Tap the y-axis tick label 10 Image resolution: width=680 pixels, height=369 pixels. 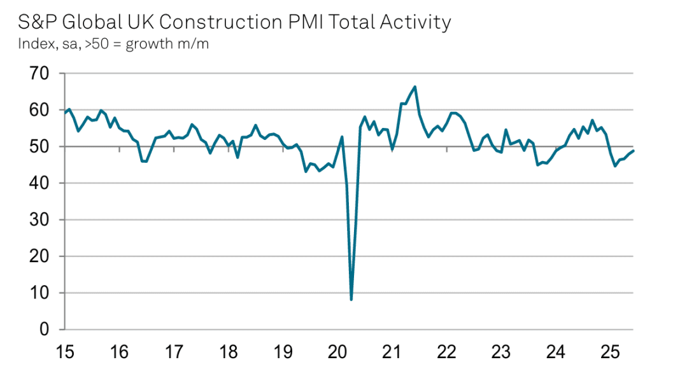38,293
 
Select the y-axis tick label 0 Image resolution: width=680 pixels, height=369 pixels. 43,330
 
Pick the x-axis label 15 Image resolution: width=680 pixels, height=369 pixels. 65,351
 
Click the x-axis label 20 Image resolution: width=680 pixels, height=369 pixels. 338,351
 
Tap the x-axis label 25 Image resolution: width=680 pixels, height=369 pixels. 611,351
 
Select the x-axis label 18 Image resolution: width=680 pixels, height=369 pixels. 229,351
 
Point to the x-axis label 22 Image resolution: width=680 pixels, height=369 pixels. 447,351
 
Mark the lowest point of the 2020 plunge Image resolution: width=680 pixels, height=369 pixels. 351,299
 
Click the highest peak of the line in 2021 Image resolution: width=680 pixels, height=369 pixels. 415,87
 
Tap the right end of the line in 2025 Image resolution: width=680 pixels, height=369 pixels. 634,150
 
